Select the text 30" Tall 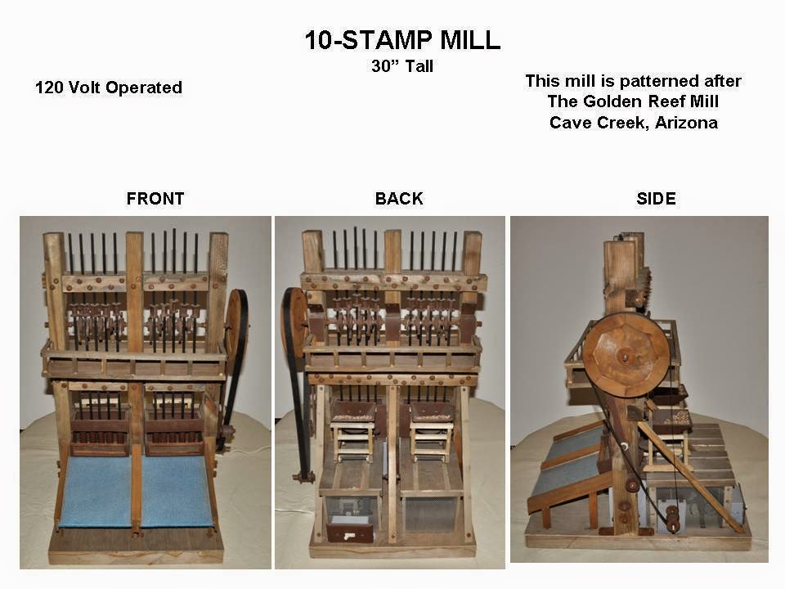[x=401, y=67]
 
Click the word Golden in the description [x=615, y=101]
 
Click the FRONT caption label [x=155, y=199]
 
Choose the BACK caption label [x=399, y=199]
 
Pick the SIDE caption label [x=656, y=199]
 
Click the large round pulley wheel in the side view [x=626, y=354]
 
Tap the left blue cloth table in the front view [x=96, y=491]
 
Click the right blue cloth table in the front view [x=177, y=491]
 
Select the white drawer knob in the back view [x=350, y=533]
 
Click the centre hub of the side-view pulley [x=626, y=356]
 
